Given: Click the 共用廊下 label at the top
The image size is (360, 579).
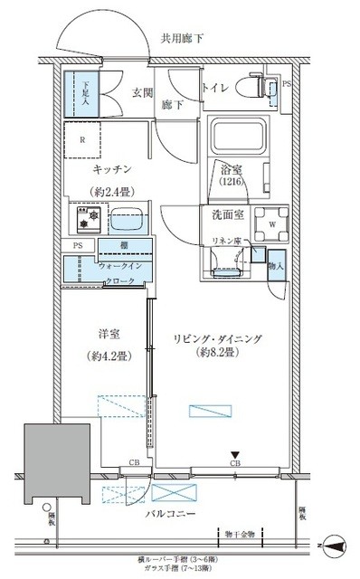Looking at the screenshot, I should pos(185,39).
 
